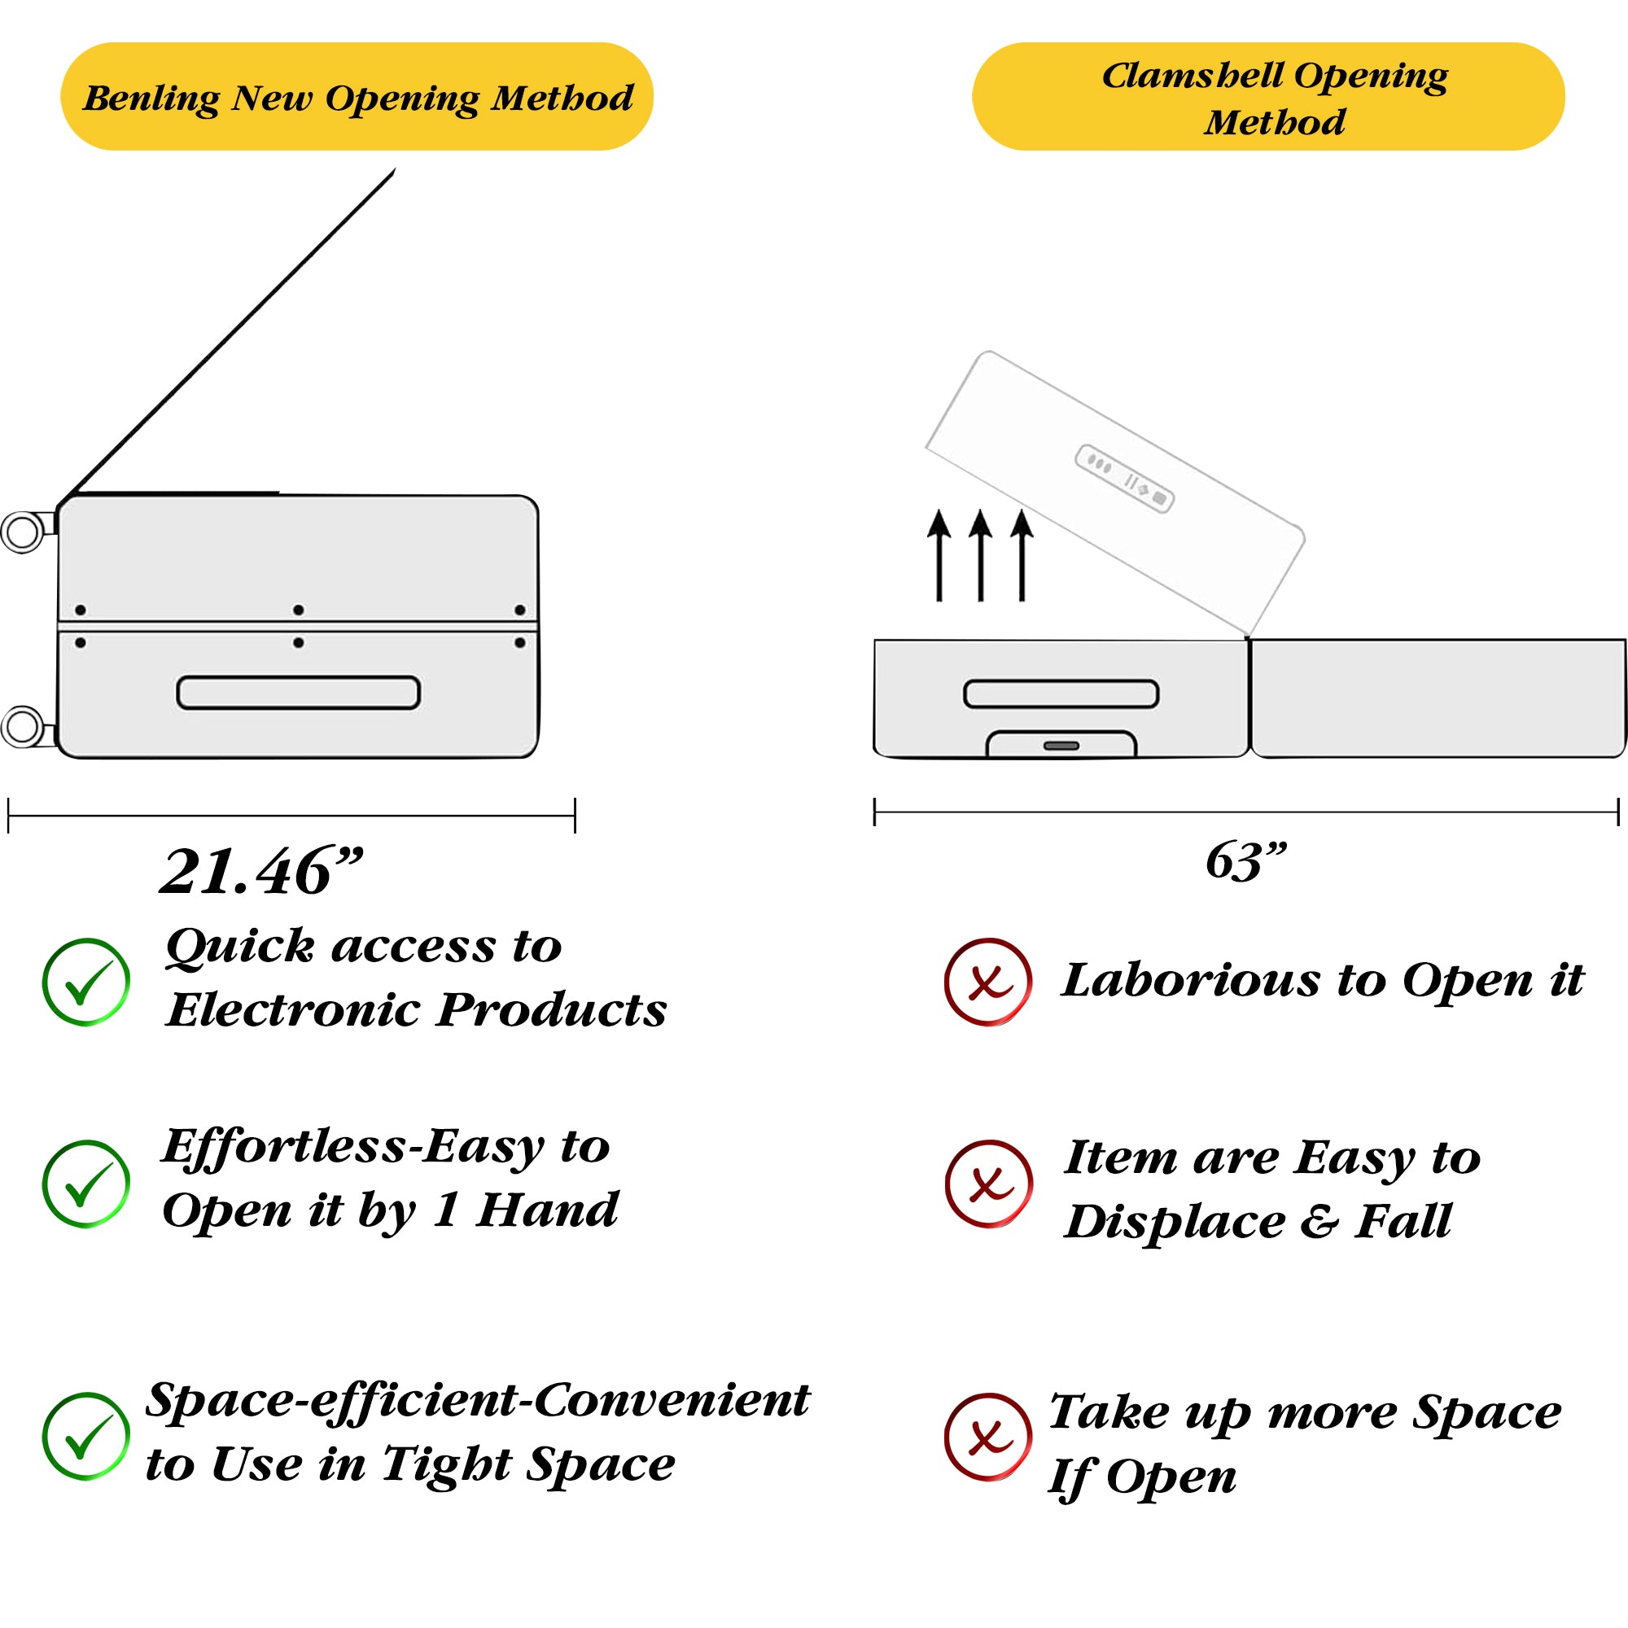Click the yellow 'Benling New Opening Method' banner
click(357, 97)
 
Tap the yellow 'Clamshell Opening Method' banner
click(1267, 97)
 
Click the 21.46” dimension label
click(261, 872)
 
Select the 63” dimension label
click(1245, 862)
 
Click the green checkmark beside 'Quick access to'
click(86, 982)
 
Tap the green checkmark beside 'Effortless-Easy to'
click(86, 1184)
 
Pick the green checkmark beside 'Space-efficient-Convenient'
click(86, 1437)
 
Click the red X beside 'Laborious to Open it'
click(987, 982)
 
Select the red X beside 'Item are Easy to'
click(987, 1184)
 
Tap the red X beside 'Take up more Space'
click(987, 1437)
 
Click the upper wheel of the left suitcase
click(23, 532)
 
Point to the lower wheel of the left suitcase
click(23, 727)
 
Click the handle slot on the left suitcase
click(298, 693)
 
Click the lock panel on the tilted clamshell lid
click(1124, 478)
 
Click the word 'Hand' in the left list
click(547, 1210)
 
